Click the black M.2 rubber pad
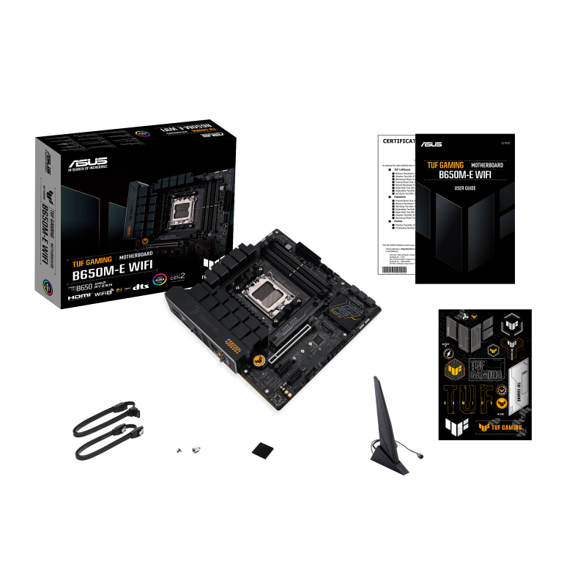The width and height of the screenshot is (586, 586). [x=262, y=449]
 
